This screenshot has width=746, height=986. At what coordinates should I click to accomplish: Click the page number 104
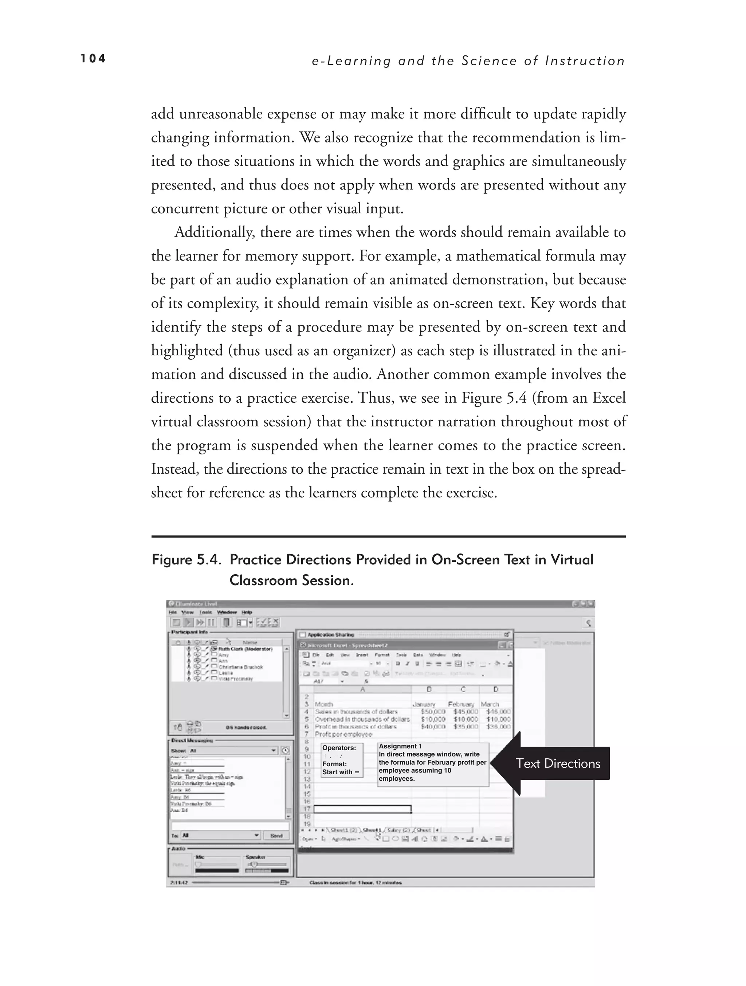pos(93,59)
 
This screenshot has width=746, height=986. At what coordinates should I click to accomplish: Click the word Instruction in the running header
pos(585,61)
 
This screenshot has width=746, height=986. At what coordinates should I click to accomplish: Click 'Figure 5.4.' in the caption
pos(186,559)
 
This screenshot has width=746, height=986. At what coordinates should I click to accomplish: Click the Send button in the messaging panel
pos(276,836)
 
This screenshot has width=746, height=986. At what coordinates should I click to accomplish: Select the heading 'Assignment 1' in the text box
pos(400,746)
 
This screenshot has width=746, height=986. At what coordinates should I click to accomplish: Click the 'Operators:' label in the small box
pos(339,748)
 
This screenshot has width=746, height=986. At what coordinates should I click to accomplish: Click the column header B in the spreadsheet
pos(429,689)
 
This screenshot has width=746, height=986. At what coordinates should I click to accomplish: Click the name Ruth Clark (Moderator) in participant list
pos(245,649)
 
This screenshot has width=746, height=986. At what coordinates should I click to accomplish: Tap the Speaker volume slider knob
pos(254,864)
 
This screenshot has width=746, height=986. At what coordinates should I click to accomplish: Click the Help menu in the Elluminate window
pos(247,613)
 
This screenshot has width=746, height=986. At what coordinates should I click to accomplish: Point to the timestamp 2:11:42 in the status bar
pos(179,883)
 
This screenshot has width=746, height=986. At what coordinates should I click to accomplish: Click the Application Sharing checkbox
pos(303,634)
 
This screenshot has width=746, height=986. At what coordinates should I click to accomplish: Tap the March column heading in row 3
pos(490,704)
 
